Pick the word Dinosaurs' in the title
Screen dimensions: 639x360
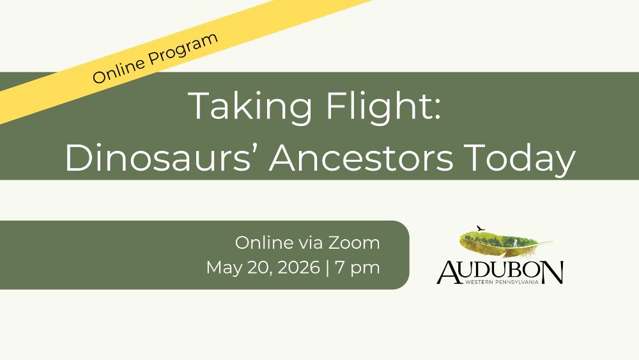click(x=158, y=158)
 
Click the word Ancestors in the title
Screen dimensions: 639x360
click(x=361, y=158)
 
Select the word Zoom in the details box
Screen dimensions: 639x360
click(x=354, y=243)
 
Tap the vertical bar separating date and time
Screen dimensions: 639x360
click(x=328, y=269)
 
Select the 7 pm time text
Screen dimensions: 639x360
click(x=357, y=269)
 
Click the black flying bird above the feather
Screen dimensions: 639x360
click(x=481, y=228)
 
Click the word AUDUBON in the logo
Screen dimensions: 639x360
click(x=500, y=272)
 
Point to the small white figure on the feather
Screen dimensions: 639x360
click(x=515, y=243)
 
